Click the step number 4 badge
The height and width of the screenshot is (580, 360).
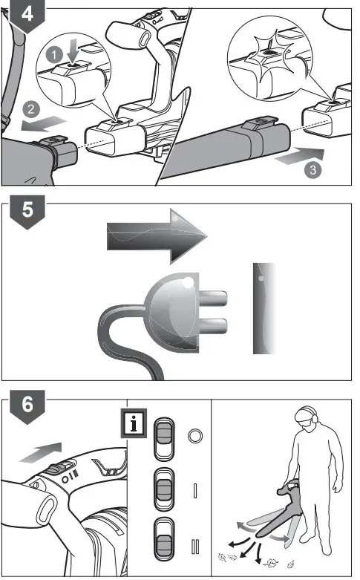pyautogui.click(x=27, y=15)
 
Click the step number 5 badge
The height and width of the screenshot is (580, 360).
pyautogui.click(x=27, y=211)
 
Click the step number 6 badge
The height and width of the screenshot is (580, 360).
pyautogui.click(x=27, y=405)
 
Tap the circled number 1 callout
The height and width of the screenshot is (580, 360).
pyautogui.click(x=54, y=56)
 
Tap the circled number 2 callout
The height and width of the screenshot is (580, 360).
pyautogui.click(x=31, y=109)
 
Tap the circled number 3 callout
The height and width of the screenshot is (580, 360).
pyautogui.click(x=312, y=170)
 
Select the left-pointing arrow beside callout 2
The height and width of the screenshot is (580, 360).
pyautogui.click(x=44, y=123)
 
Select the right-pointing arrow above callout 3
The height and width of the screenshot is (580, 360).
pyautogui.click(x=300, y=155)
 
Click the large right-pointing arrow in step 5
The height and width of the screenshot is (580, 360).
pyautogui.click(x=157, y=236)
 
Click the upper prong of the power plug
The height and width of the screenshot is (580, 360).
pyautogui.click(x=213, y=298)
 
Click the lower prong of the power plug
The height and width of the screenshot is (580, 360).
pyautogui.click(x=213, y=325)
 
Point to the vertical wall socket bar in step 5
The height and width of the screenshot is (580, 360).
pyautogui.click(x=264, y=308)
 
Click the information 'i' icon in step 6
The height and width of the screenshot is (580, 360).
pyautogui.click(x=134, y=423)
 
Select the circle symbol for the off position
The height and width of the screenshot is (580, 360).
pyautogui.click(x=195, y=436)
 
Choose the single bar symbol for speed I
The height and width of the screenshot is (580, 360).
pyautogui.click(x=195, y=490)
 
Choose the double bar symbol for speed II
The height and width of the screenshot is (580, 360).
pyautogui.click(x=195, y=547)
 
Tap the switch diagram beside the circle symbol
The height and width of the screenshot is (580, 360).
pyautogui.click(x=164, y=439)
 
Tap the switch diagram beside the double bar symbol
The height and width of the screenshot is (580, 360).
pyautogui.click(x=164, y=538)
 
